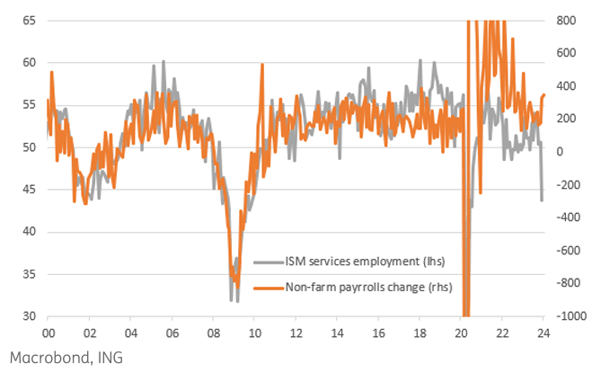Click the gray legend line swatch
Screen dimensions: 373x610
(267, 262)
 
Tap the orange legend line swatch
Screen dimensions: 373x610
(267, 288)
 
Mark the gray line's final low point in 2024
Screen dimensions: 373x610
(542, 200)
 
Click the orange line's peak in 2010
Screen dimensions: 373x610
(261, 65)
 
